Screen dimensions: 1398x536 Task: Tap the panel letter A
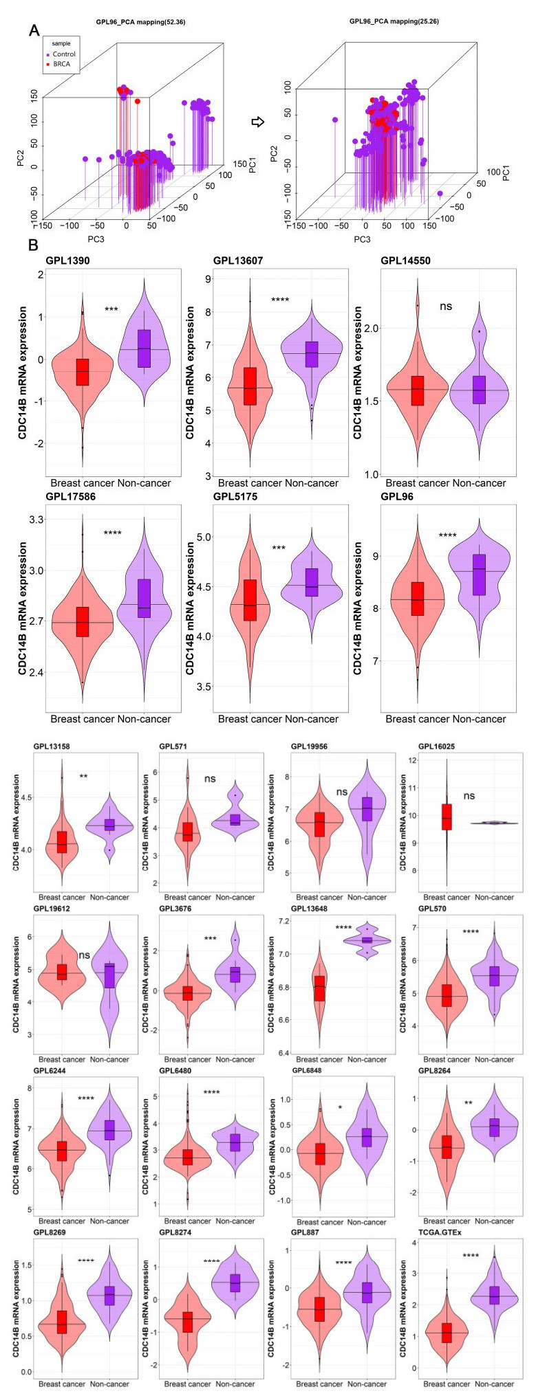33,30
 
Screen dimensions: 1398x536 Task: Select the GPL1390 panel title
67,261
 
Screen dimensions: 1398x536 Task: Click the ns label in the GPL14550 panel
445,306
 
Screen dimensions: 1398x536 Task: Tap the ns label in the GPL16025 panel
469,796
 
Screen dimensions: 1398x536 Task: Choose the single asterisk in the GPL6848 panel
341,1107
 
